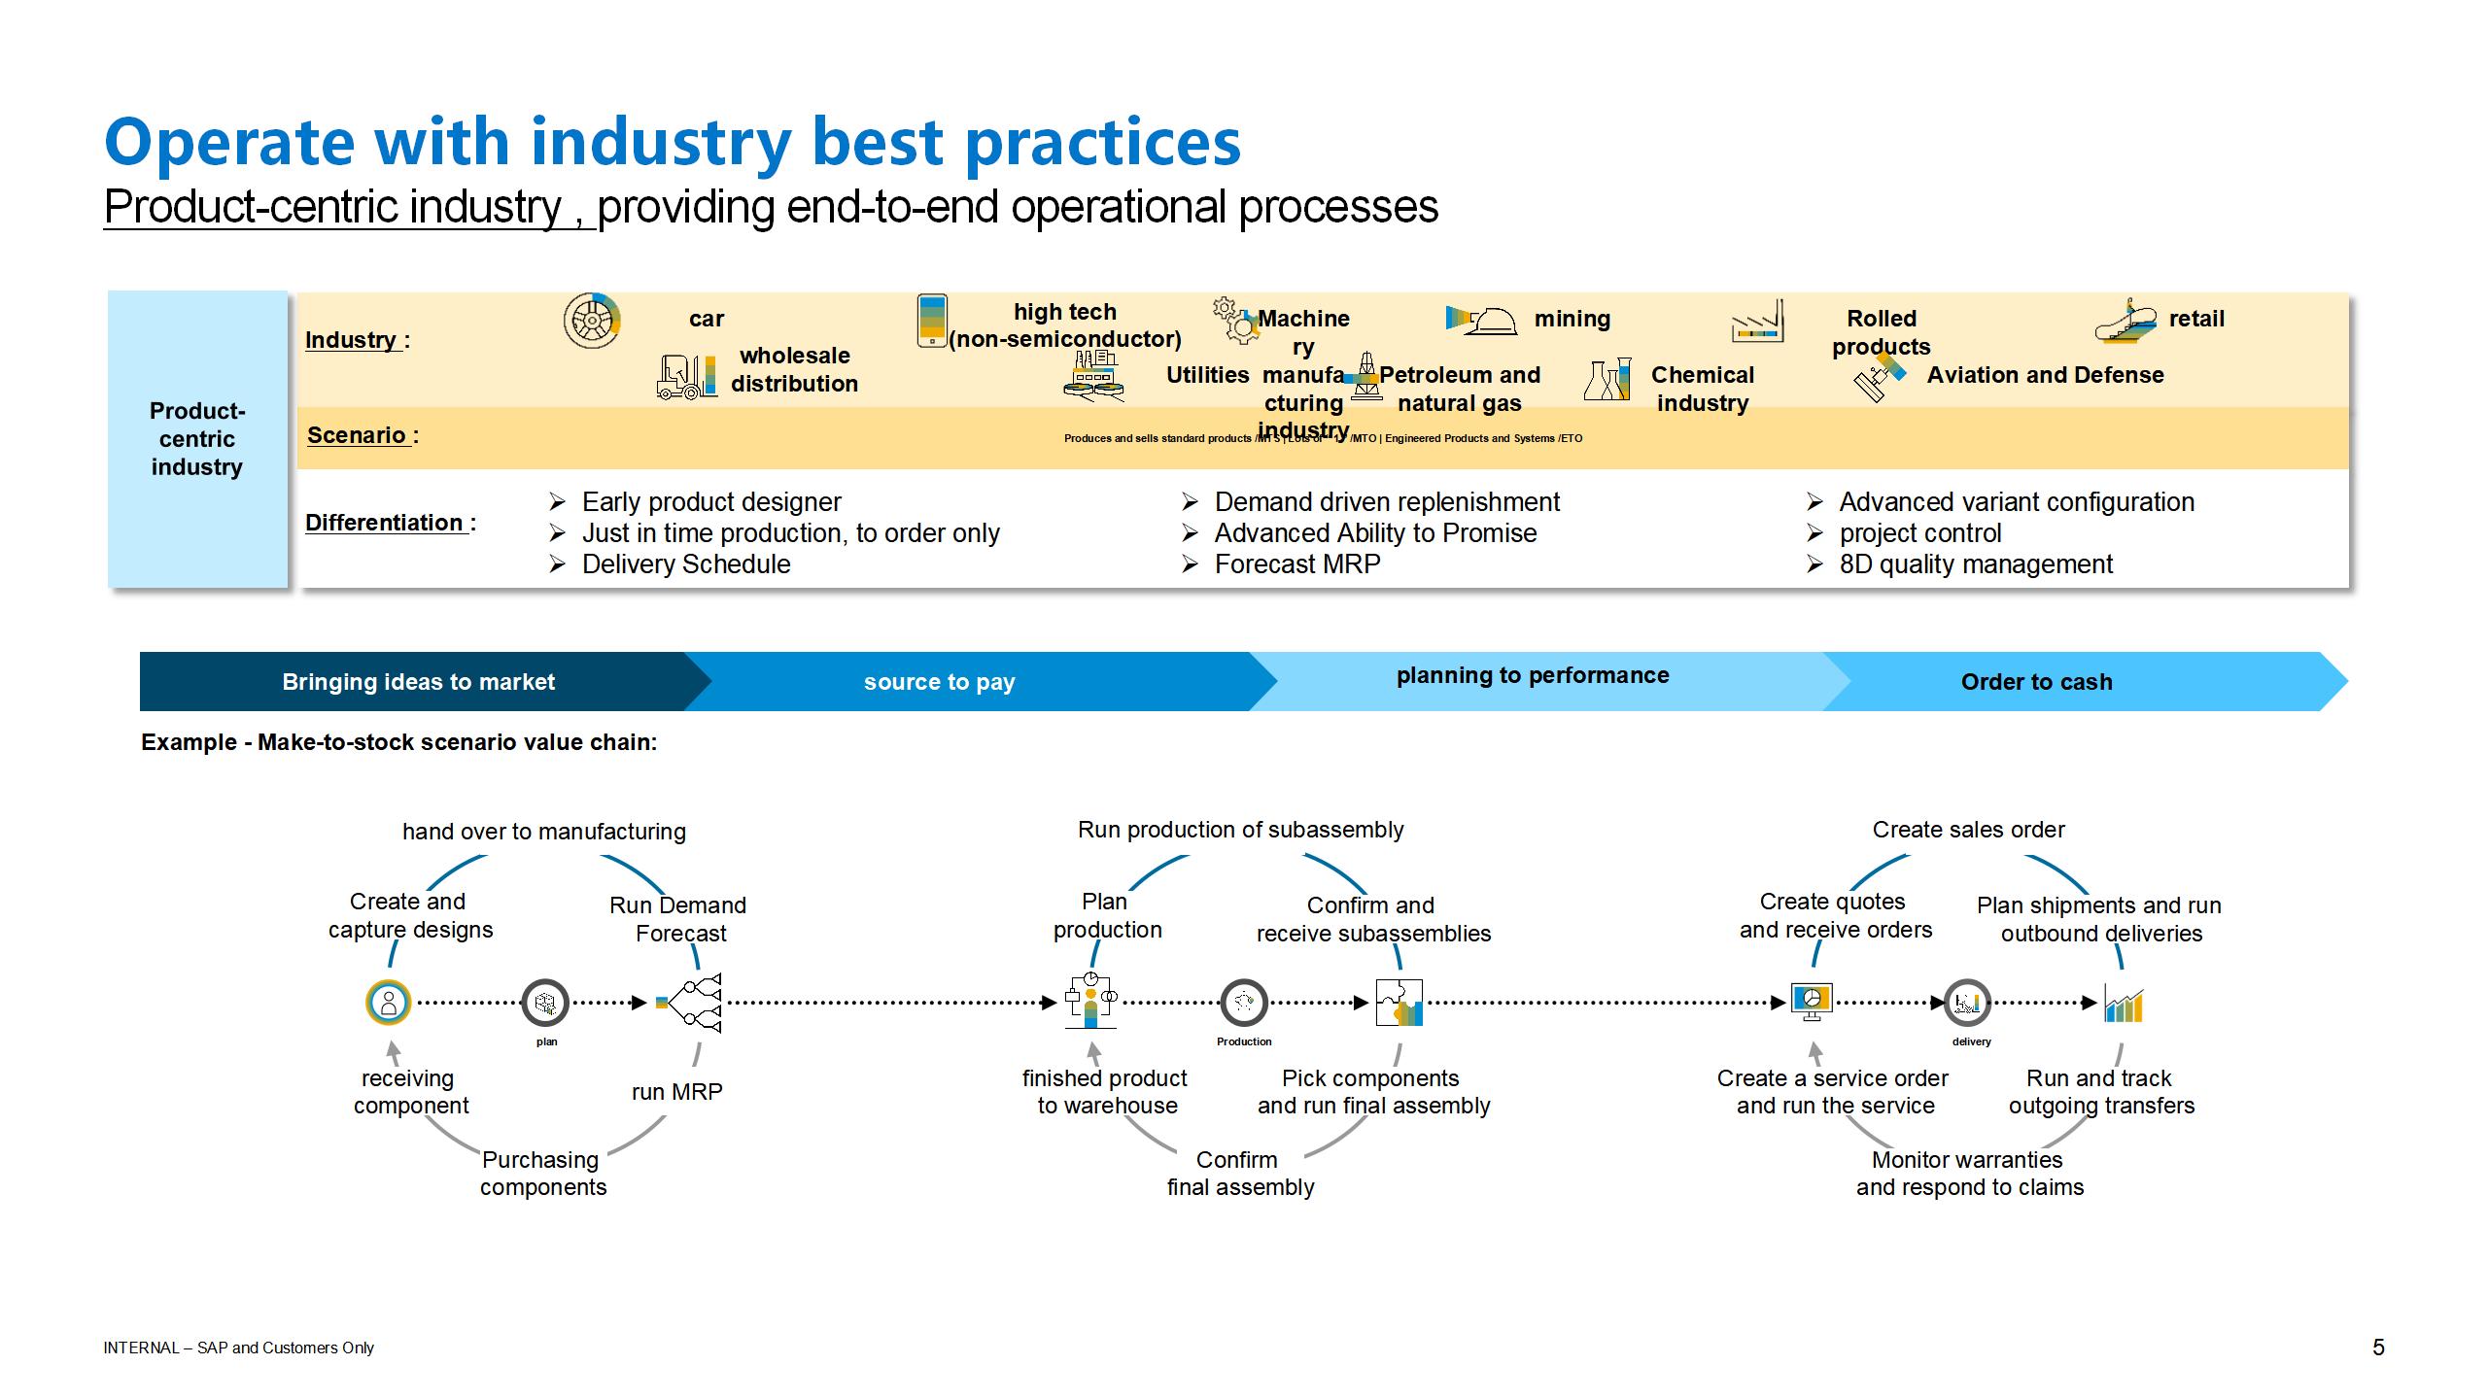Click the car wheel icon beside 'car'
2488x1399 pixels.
pos(592,320)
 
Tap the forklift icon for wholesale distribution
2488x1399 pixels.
pos(687,377)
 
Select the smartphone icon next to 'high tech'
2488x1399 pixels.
pos(932,320)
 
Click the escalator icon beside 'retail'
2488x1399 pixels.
pos(2125,322)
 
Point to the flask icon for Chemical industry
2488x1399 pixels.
pos(1607,379)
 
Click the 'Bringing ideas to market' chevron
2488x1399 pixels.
pos(418,682)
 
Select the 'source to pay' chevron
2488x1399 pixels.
pos(939,682)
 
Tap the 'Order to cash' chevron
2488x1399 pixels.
pos(2036,682)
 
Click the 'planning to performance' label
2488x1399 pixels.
pos(1533,675)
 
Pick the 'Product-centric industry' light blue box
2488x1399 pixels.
pos(197,439)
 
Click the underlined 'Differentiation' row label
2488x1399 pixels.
pos(386,523)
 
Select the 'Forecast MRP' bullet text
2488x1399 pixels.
pos(1296,564)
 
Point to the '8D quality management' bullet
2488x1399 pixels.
pos(1975,564)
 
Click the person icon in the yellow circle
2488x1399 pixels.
pos(389,1003)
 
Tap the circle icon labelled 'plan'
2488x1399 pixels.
pos(545,1003)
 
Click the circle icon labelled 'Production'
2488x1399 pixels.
pos(1244,1003)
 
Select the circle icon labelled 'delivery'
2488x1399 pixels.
pos(1968,1003)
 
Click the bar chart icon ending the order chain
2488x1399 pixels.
pos(2124,1005)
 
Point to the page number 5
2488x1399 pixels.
pos(2378,1348)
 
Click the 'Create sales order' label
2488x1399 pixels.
pos(1968,830)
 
